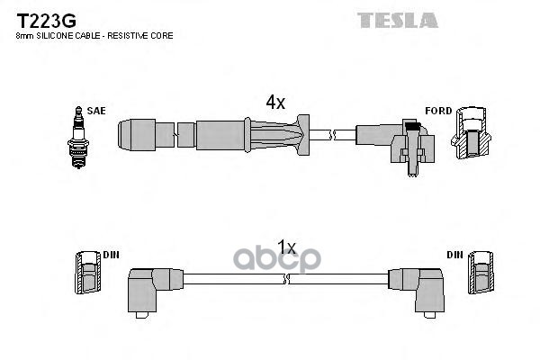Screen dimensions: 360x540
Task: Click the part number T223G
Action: coord(41,18)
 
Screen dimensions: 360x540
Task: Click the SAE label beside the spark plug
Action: coord(97,111)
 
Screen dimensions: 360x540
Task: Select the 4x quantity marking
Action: coord(274,103)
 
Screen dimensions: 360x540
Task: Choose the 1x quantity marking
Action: coord(286,246)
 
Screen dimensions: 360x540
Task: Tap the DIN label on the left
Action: coord(112,255)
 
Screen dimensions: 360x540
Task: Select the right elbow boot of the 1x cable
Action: coord(418,285)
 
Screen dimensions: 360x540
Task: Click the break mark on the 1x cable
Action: coord(286,282)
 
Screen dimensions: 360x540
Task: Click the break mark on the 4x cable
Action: coord(331,135)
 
